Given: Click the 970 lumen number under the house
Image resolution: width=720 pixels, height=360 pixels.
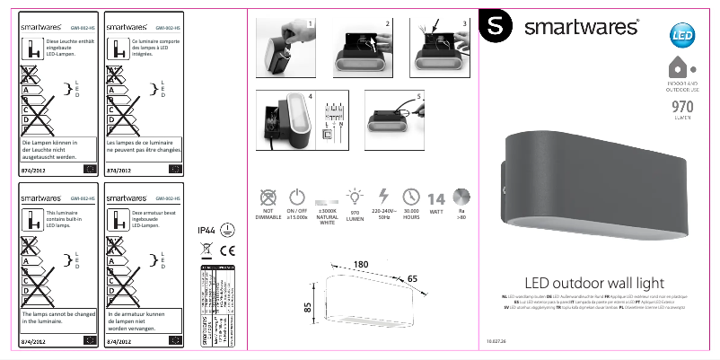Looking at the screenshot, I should click(x=682, y=107).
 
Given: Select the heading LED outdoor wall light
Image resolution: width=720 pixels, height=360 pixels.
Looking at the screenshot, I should click(x=594, y=284).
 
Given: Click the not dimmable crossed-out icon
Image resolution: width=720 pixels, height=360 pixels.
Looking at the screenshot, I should click(x=267, y=198).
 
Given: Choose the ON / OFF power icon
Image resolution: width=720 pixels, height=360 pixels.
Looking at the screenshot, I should click(x=297, y=197).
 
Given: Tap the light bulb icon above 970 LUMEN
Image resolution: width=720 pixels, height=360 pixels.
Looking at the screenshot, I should click(x=355, y=197).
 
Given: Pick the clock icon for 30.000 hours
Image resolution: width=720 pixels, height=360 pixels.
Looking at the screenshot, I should click(x=412, y=197).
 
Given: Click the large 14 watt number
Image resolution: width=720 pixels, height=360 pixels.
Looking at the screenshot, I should click(x=436, y=199).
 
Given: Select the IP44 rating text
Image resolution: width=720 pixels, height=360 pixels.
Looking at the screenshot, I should click(x=206, y=231).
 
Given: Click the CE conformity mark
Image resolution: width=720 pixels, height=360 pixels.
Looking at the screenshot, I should click(x=227, y=250).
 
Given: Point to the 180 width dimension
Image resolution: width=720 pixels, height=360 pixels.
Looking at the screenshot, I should click(x=362, y=264).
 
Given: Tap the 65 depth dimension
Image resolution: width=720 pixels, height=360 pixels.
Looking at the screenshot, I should click(x=412, y=280).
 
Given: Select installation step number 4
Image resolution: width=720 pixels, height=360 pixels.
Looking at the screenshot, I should click(x=310, y=95).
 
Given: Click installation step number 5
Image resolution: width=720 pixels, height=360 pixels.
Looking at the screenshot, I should click(x=418, y=95).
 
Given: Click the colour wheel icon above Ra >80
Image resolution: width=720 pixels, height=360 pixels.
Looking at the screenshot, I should click(x=461, y=198).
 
